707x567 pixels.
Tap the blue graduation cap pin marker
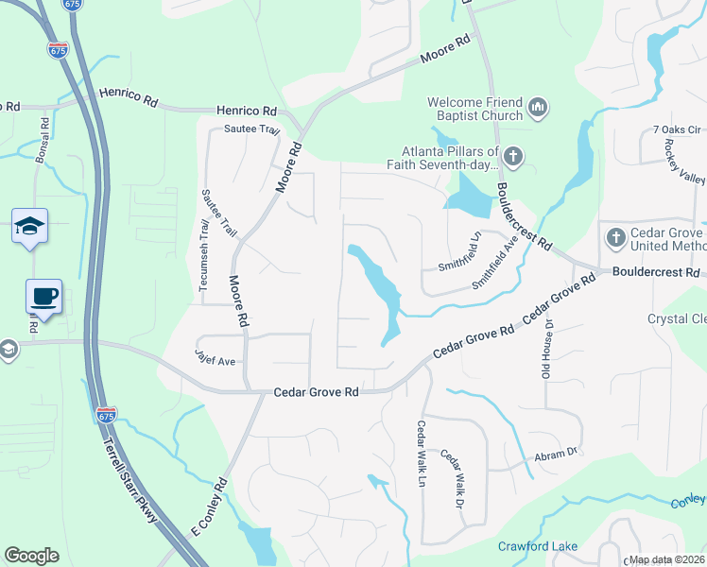[29, 227]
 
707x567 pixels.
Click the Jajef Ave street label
[216, 361]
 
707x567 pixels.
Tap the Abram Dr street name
[555, 455]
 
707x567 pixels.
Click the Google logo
[31, 555]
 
